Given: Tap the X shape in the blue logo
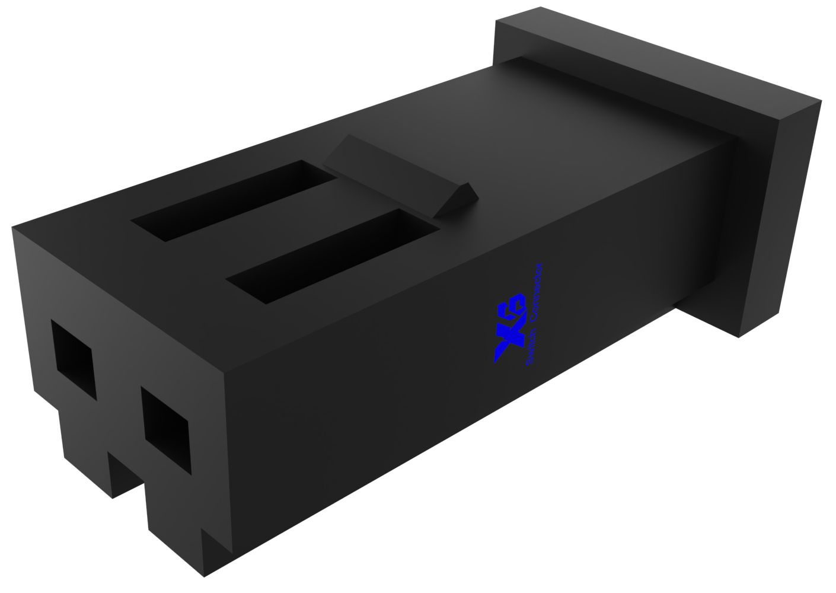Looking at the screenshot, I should click(x=504, y=344).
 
